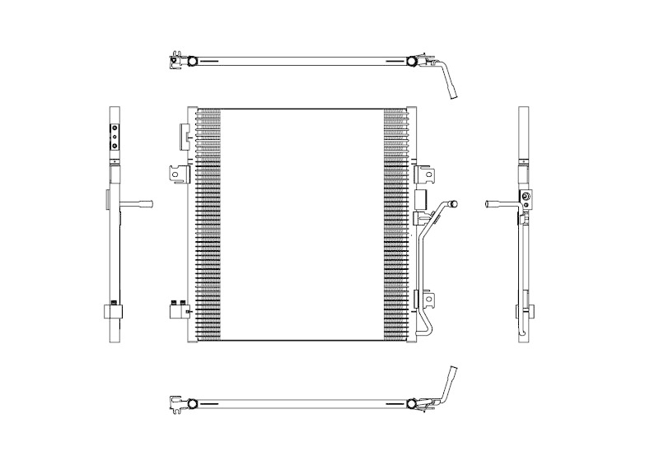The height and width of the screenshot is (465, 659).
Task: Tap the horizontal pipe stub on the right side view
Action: coord(499,204)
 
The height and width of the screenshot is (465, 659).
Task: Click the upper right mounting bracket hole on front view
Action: coord(428,174)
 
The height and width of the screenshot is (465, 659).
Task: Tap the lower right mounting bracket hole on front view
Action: coord(428,300)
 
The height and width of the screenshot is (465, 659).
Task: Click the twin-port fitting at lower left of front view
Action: coord(176,309)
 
